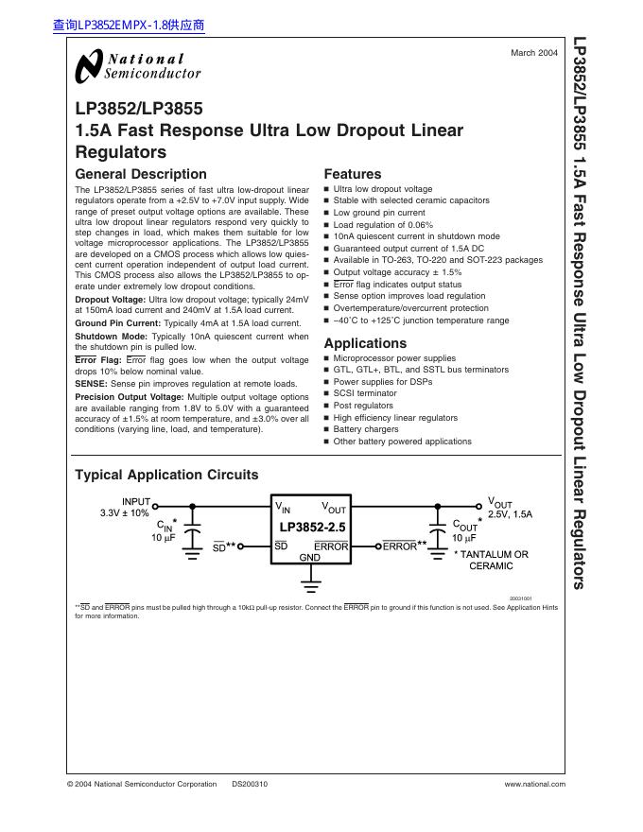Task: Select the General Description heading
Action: point(140,174)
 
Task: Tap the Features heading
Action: point(353,174)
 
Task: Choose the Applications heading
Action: point(365,343)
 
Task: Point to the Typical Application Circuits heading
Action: point(166,475)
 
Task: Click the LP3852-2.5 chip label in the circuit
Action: point(311,527)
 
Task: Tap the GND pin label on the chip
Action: point(310,558)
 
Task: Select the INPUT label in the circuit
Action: point(136,501)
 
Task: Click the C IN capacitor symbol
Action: point(193,534)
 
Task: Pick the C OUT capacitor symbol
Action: point(438,534)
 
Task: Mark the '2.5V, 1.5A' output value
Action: point(511,514)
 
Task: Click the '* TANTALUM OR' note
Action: point(491,554)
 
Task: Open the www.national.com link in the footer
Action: point(534,784)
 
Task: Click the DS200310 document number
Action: point(250,784)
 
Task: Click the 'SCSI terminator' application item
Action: point(364,393)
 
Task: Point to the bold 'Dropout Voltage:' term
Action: point(111,299)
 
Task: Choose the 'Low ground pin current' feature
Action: point(379,213)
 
